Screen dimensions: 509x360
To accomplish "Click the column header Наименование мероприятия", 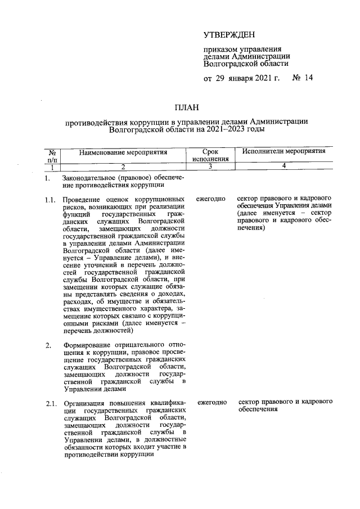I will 123,152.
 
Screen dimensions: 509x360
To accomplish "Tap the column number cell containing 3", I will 209,166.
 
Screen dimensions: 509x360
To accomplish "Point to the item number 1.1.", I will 51,199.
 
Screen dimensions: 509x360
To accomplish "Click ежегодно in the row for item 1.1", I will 211,199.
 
